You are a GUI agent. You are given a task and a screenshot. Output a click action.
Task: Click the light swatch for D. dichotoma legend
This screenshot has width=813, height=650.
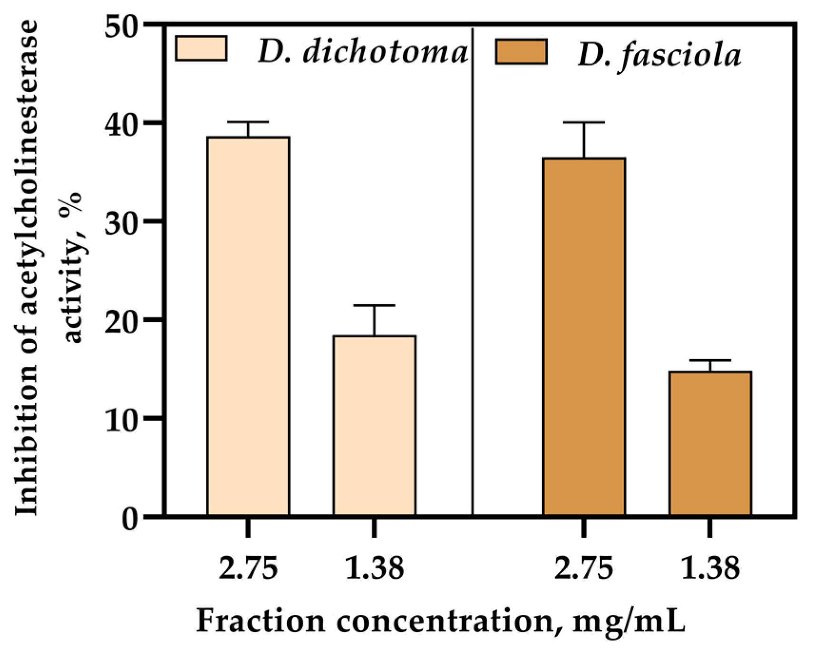click(x=201, y=49)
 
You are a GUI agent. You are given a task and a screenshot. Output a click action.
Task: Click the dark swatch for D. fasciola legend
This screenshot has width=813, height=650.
click(x=521, y=52)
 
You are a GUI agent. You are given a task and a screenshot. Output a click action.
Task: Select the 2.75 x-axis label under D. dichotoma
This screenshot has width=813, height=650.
click(x=248, y=569)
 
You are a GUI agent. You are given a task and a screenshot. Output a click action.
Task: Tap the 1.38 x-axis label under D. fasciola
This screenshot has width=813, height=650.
click(x=710, y=569)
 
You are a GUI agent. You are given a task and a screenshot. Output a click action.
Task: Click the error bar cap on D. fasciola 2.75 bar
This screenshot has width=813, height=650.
click(x=584, y=123)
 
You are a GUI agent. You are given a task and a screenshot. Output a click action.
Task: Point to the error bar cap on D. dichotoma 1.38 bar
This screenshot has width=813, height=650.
click(x=374, y=305)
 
